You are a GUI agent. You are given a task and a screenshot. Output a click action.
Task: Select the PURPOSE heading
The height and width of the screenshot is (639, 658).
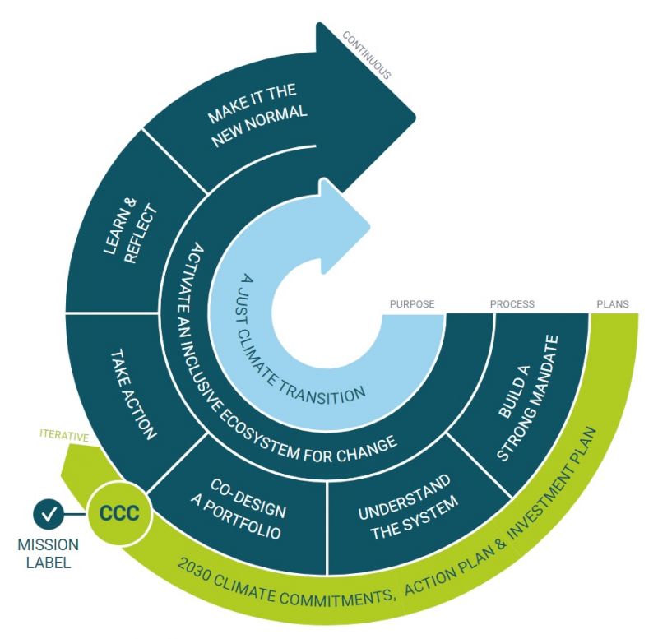click(x=412, y=304)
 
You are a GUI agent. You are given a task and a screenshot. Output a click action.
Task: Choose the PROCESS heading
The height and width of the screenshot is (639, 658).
click(x=512, y=304)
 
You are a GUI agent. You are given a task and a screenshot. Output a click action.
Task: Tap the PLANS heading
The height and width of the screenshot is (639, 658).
click(x=612, y=304)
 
